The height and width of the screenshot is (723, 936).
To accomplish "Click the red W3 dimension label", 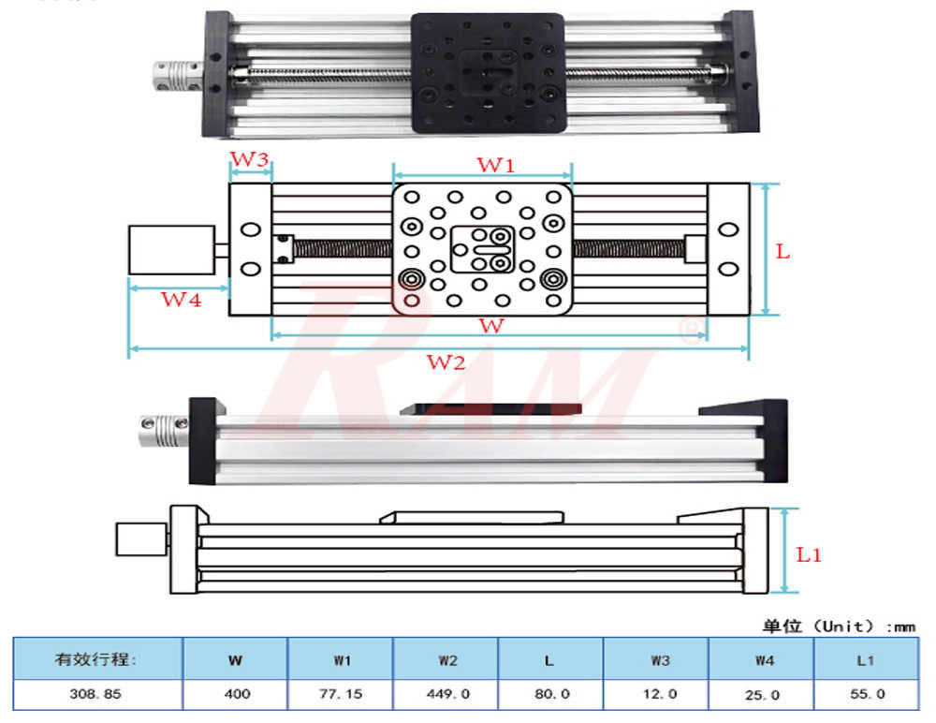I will tap(251, 159).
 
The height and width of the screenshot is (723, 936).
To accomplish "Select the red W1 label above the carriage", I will tap(496, 166).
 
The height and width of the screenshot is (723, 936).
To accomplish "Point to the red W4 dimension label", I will tap(181, 301).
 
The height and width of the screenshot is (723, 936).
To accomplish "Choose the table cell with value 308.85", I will tap(96, 695).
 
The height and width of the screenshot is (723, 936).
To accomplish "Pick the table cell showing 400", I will tap(235, 695).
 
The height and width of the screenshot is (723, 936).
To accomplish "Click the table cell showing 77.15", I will tap(341, 695).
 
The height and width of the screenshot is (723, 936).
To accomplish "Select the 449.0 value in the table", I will tap(446, 695).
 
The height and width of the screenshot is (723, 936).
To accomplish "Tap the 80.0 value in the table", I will tap(551, 695).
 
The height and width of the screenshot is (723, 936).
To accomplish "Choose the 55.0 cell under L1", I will tap(866, 695).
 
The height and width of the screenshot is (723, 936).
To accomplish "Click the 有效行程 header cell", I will tap(96, 660).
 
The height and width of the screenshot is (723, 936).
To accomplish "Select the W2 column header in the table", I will tap(446, 660).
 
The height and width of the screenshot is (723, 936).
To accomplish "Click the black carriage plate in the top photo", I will tap(489, 72).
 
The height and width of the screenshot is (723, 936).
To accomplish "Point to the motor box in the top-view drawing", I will tap(172, 250).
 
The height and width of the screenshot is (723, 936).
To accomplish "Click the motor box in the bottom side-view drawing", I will tap(138, 540).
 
